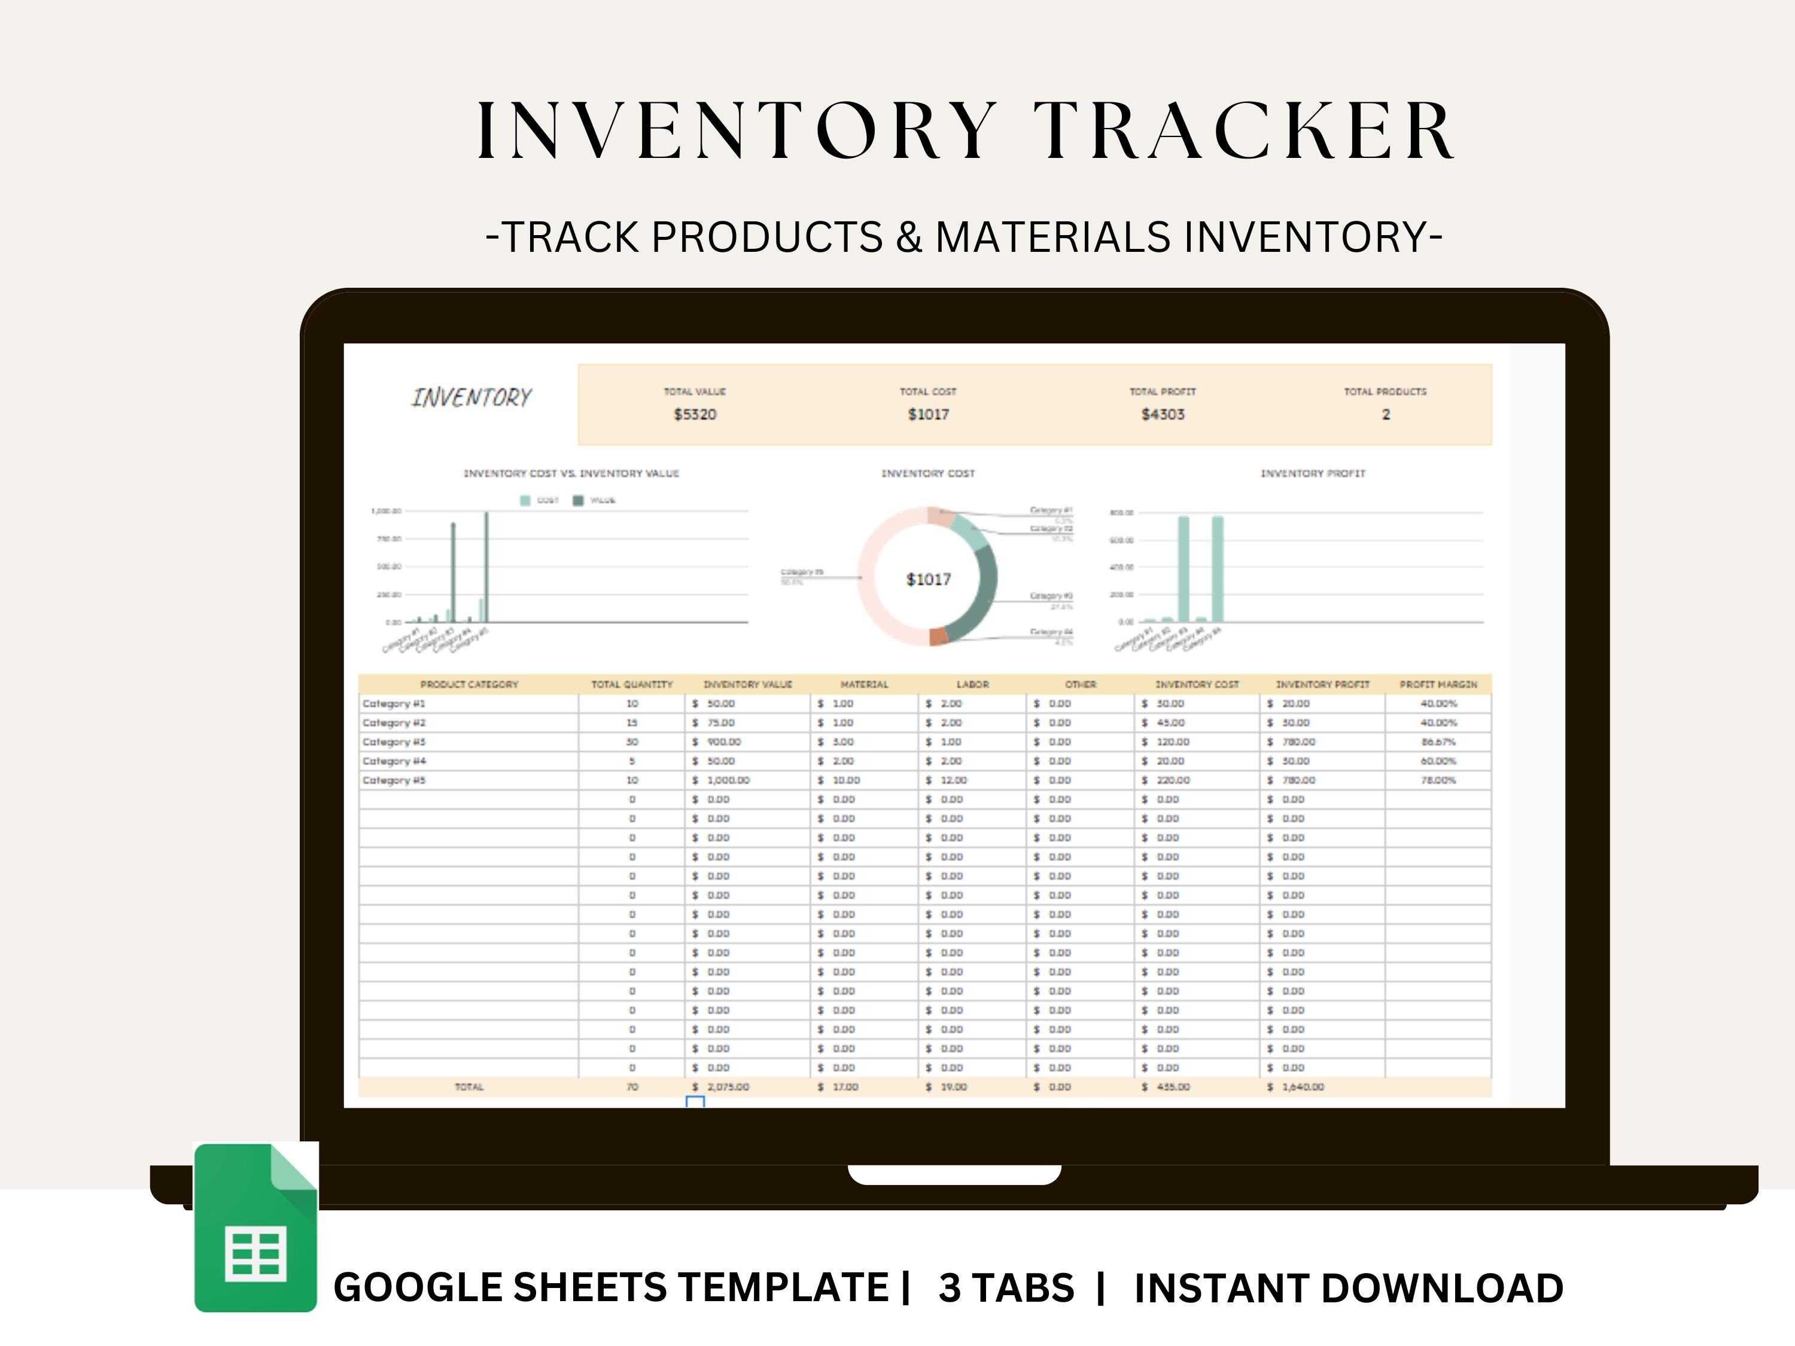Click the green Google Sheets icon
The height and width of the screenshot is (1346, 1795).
(x=255, y=1227)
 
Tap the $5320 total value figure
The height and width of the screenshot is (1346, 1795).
(x=695, y=415)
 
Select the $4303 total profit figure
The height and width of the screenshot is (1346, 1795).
(x=1162, y=415)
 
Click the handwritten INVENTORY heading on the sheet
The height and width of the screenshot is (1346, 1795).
(x=471, y=398)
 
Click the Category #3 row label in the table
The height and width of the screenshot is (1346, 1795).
(x=394, y=742)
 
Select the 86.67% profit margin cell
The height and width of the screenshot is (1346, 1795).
(x=1438, y=742)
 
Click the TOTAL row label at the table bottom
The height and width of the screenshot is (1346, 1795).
(x=469, y=1087)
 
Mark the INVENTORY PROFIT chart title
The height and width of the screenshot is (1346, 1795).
(x=1312, y=474)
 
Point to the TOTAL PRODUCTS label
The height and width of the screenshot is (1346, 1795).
(x=1385, y=392)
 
